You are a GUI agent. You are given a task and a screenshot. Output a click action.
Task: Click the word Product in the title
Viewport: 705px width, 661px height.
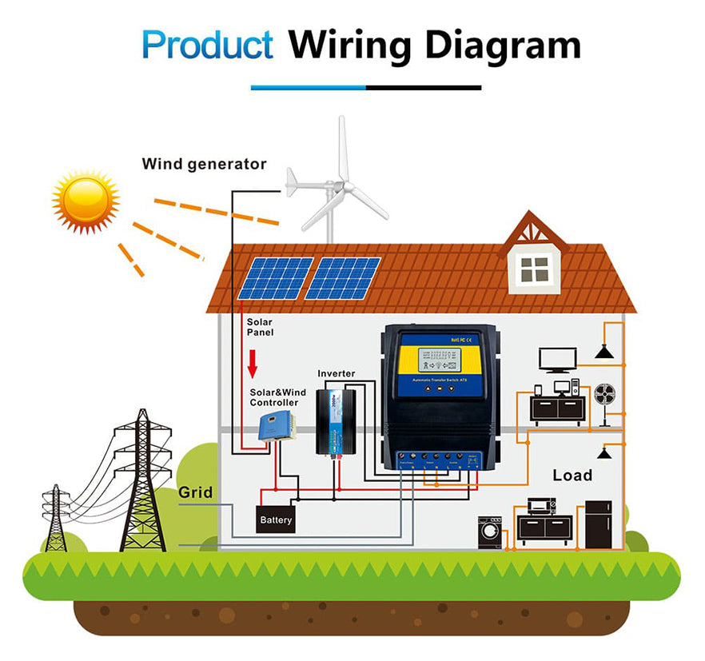click(x=207, y=45)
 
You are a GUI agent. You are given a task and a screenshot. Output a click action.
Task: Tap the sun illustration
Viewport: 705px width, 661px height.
click(x=85, y=201)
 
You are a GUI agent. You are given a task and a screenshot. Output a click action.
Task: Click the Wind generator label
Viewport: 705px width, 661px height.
click(x=204, y=165)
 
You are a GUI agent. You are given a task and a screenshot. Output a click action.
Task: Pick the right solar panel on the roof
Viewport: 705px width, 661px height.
click(x=342, y=278)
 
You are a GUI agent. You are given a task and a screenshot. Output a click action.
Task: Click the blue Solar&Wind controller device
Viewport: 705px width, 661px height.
click(x=275, y=426)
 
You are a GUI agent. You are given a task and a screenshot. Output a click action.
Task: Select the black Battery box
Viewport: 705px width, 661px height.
click(x=276, y=520)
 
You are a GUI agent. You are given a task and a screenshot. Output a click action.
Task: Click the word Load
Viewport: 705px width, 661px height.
click(x=572, y=476)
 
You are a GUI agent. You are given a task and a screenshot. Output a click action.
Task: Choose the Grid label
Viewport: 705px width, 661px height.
click(x=195, y=492)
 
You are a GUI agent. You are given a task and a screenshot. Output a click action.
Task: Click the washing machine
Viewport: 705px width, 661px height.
click(x=489, y=532)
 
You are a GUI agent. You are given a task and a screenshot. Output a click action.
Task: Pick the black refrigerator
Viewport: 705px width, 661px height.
click(x=598, y=524)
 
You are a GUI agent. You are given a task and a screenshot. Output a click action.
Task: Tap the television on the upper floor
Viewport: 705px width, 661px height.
click(x=558, y=360)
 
